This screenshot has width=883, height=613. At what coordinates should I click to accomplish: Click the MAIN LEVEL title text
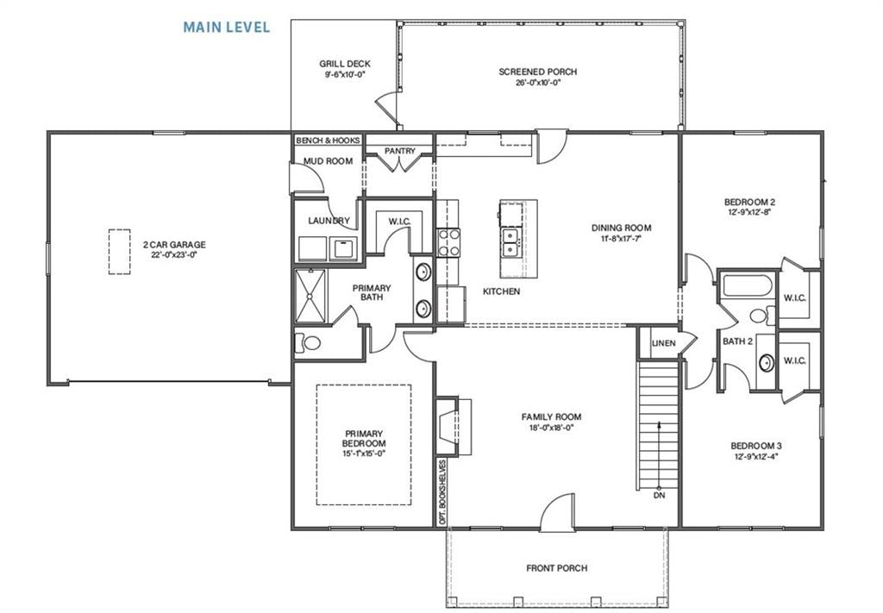click(x=226, y=27)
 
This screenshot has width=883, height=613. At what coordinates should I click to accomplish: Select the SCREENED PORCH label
click(x=537, y=72)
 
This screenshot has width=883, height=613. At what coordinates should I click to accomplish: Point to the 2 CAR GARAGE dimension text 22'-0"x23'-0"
click(x=174, y=255)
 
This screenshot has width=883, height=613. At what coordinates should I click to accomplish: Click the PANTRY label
click(x=400, y=152)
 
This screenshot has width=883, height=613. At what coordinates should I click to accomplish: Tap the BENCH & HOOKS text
click(x=328, y=140)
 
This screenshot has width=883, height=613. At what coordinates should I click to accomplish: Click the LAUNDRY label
click(x=329, y=221)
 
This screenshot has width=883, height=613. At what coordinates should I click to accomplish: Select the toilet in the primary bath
click(x=307, y=343)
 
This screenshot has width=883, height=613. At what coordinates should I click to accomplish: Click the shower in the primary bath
click(x=312, y=296)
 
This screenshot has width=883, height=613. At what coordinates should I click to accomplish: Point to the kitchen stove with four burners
click(x=449, y=242)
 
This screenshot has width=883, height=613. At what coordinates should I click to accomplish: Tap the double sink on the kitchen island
click(x=510, y=243)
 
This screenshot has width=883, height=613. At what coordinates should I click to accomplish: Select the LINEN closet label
click(x=663, y=343)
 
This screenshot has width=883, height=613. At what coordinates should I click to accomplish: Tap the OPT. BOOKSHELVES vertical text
click(x=442, y=492)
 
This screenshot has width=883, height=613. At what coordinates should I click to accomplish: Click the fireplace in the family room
click(x=448, y=426)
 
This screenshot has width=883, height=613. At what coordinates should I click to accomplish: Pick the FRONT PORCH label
click(x=556, y=568)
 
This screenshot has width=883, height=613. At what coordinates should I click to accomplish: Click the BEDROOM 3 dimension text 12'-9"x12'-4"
click(x=756, y=457)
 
